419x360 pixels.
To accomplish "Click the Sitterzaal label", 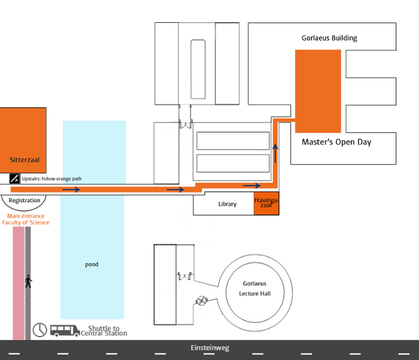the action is (x=25, y=160).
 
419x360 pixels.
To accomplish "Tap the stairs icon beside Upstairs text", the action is (x=14, y=178).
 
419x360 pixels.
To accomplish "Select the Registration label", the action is (x=25, y=200).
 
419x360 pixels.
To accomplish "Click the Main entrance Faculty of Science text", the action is (x=26, y=219).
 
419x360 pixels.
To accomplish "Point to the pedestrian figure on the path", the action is (x=28, y=282).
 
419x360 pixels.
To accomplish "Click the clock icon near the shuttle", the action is (x=40, y=330).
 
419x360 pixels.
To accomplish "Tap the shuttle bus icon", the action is (x=65, y=331).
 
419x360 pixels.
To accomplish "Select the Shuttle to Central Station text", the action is (x=104, y=331).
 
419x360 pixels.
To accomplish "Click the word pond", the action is (x=92, y=264).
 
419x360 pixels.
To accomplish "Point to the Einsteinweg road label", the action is (x=210, y=347).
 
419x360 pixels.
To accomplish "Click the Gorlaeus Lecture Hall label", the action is (x=254, y=288).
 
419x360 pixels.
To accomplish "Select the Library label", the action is (x=227, y=204).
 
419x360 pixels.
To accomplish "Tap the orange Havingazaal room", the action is (x=266, y=203).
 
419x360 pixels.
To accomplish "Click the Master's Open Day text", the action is (x=336, y=142).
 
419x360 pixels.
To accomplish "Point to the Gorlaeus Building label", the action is (x=329, y=38).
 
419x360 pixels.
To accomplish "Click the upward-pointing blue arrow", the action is (x=275, y=153).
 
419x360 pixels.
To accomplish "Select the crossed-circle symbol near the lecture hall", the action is (x=202, y=301).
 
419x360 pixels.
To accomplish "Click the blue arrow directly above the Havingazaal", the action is (x=252, y=185).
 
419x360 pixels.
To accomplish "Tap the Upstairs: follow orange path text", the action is (x=51, y=179).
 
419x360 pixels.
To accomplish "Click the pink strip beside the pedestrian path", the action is (x=19, y=283).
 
